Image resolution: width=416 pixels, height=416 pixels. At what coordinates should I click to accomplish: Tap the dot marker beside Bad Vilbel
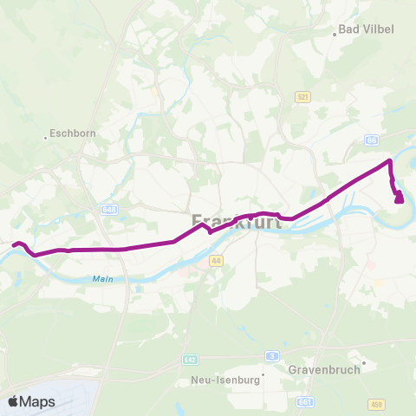tap(335, 35)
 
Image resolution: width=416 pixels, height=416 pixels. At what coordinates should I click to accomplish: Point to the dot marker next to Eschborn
tap(45, 136)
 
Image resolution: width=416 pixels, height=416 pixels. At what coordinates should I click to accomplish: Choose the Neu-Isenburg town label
tap(220, 380)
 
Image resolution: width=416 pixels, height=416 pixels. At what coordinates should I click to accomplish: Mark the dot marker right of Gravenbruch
tap(364, 363)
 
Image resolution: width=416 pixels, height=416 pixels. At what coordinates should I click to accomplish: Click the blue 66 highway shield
tap(372, 140)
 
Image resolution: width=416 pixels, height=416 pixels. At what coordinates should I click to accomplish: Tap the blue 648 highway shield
tap(108, 209)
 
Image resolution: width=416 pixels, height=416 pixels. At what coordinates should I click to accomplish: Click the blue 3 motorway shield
tap(272, 355)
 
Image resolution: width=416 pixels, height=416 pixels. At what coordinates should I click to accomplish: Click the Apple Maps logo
tap(31, 401)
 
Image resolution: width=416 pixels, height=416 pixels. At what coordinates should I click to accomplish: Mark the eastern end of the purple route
tap(400, 200)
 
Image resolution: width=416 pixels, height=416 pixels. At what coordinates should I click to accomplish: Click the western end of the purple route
tap(14, 244)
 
